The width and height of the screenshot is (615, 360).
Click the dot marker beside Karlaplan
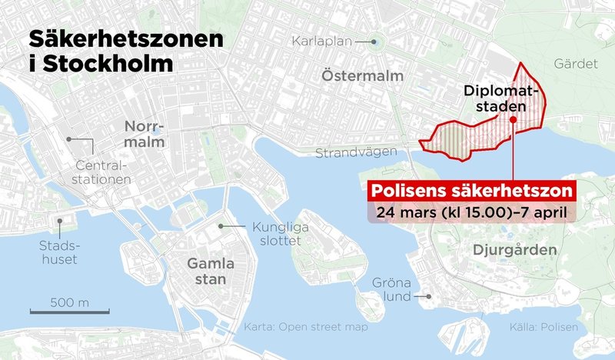pyautogui.click(x=374, y=42)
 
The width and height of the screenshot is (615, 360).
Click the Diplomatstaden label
pyautogui.click(x=502, y=100)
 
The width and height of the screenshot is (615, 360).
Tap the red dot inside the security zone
pyautogui.click(x=513, y=120)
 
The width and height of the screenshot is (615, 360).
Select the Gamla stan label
pyautogui.click(x=206, y=271)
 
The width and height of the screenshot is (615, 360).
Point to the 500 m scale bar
pyautogui.click(x=69, y=311)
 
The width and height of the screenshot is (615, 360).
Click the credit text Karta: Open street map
pyautogui.click(x=306, y=328)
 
